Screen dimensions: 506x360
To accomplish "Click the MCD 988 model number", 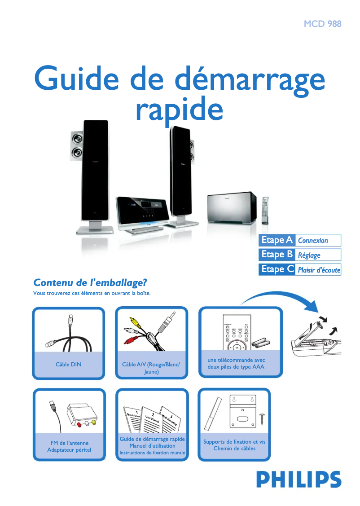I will [x=322, y=24].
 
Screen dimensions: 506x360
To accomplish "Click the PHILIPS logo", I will [x=299, y=479].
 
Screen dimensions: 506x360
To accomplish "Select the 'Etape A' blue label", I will [x=277, y=240].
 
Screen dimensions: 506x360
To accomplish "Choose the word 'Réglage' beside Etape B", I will [x=309, y=255].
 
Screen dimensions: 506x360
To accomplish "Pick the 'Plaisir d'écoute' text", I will [x=319, y=270].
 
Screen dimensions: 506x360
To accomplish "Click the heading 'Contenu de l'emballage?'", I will [x=90, y=283].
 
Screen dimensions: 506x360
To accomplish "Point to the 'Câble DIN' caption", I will [x=69, y=364].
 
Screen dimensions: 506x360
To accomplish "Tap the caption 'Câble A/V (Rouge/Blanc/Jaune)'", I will [x=151, y=368].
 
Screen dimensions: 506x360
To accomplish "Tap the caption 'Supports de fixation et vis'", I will [x=234, y=442].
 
